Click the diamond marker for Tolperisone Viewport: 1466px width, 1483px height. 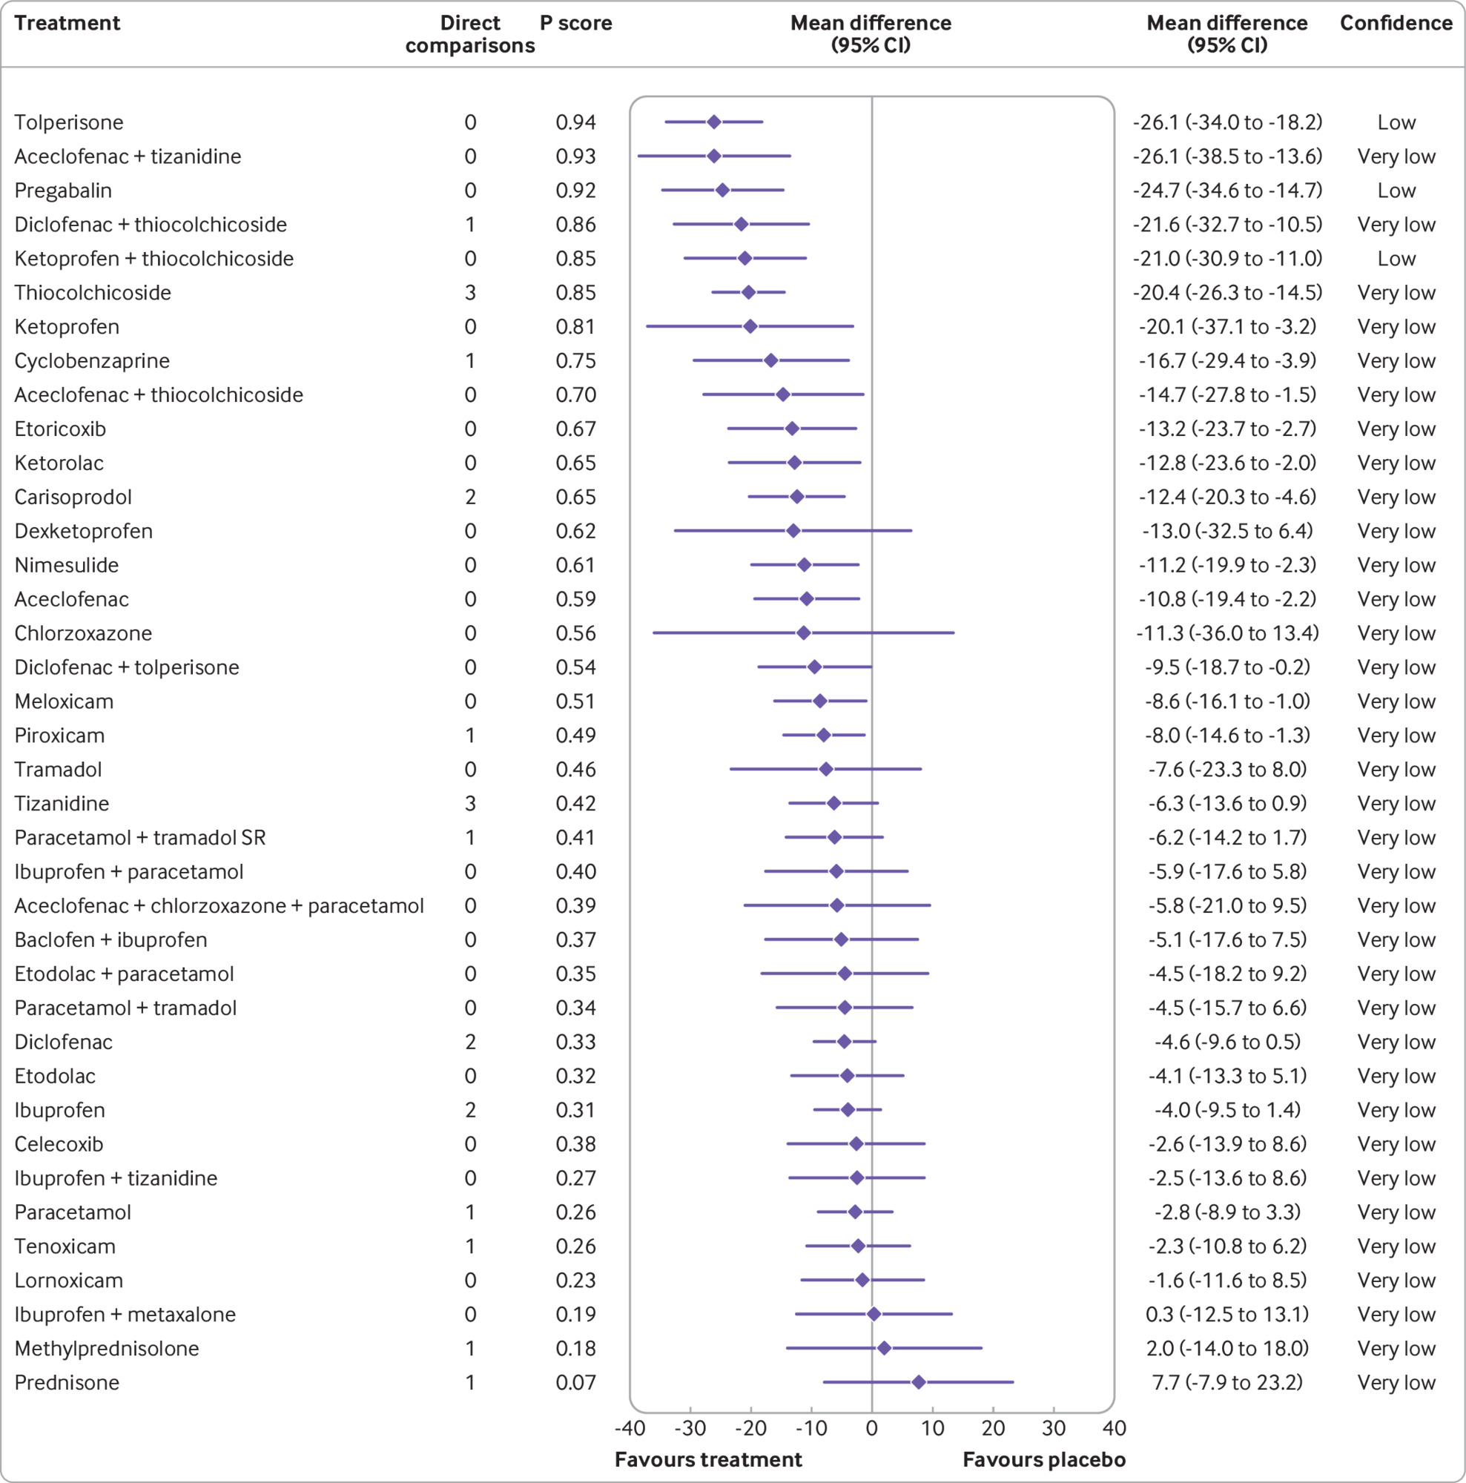click(x=714, y=122)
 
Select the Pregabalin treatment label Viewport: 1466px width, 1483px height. click(x=63, y=191)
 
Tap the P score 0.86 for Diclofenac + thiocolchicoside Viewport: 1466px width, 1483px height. click(x=575, y=224)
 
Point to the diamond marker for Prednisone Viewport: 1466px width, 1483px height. click(x=919, y=1382)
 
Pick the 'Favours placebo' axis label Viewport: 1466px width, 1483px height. click(x=1044, y=1459)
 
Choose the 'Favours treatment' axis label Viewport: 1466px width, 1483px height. click(x=708, y=1459)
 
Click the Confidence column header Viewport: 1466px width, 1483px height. click(x=1396, y=23)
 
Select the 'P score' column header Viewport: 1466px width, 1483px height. click(x=575, y=23)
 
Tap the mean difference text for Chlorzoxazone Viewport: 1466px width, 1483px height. click(x=1227, y=633)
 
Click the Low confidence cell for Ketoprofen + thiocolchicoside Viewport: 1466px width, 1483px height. click(x=1396, y=259)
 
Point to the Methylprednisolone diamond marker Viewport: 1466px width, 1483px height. click(x=884, y=1348)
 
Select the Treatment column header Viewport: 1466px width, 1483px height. click(x=67, y=23)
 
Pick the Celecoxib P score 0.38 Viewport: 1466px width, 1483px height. click(x=575, y=1143)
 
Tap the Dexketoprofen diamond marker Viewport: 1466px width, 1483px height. click(x=793, y=531)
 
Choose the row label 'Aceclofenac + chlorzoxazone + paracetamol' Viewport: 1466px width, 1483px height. click(x=219, y=906)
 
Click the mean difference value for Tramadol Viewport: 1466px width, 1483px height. click(x=1227, y=769)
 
